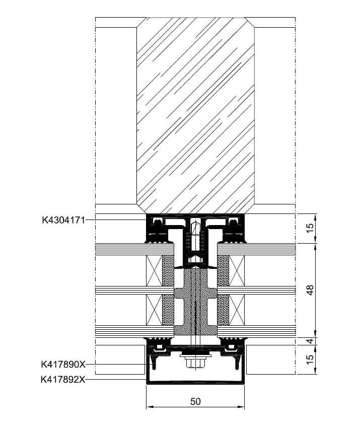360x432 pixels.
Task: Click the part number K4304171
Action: [x=63, y=220]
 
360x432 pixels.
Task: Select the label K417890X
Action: [x=63, y=365]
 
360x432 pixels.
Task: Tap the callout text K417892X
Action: [x=63, y=380]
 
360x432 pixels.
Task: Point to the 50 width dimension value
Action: [x=195, y=402]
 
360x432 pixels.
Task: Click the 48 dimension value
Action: [x=310, y=290]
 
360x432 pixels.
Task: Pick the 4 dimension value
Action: [x=310, y=341]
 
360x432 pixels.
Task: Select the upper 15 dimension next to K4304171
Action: [x=310, y=228]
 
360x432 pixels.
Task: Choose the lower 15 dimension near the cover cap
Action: [x=310, y=359]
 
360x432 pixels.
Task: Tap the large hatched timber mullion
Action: [x=195, y=116]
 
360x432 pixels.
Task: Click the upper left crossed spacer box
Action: [x=154, y=271]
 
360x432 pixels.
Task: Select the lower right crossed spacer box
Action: [x=237, y=310]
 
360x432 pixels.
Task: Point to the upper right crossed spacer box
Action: [x=237, y=271]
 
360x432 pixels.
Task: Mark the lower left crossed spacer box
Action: [x=154, y=310]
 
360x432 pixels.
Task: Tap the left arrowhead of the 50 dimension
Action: [x=149, y=407]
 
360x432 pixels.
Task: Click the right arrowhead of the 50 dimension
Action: [x=241, y=407]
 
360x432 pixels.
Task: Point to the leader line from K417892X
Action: [x=116, y=380]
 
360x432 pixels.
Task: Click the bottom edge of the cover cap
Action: [x=195, y=383]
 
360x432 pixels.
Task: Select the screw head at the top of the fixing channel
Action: [x=195, y=222]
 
